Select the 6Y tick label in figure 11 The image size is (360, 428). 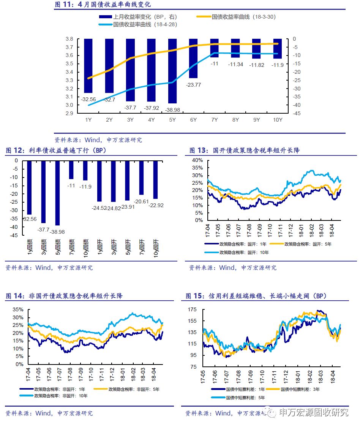coord(193,120)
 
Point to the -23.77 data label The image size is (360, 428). coord(193,85)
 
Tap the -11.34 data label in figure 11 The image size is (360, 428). coord(235,64)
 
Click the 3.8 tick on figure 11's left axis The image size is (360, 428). coord(69,39)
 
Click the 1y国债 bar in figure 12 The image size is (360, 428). coord(29,187)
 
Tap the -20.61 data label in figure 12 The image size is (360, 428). coord(141,201)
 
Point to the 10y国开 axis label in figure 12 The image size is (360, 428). coord(156,249)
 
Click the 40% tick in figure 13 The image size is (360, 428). coord(198,160)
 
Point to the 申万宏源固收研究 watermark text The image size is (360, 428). coord(313,412)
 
